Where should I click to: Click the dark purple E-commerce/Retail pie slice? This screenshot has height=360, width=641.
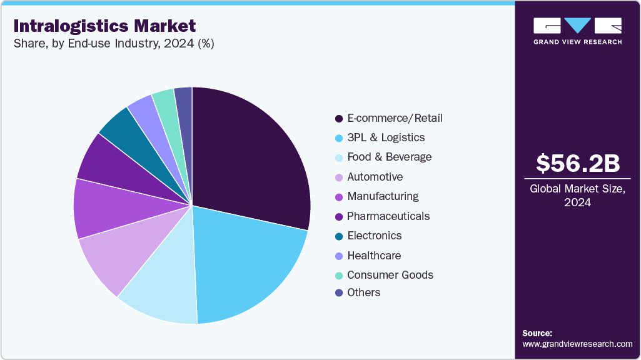pyautogui.click(x=250, y=150)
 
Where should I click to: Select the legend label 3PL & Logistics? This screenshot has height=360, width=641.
pyautogui.click(x=386, y=137)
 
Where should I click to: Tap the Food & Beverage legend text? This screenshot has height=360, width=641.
pyautogui.click(x=389, y=157)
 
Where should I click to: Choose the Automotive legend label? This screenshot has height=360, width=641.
pyautogui.click(x=375, y=177)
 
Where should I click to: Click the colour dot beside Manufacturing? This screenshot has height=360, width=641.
pyautogui.click(x=339, y=197)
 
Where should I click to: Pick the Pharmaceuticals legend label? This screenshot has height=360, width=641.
pyautogui.click(x=388, y=216)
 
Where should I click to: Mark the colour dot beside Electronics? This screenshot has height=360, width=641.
pyautogui.click(x=339, y=236)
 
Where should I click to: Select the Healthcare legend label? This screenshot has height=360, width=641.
pyautogui.click(x=374, y=256)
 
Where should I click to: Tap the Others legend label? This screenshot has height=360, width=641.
pyautogui.click(x=363, y=292)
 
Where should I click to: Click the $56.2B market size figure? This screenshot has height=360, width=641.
pyautogui.click(x=578, y=164)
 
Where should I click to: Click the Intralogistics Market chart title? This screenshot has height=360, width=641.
pyautogui.click(x=104, y=26)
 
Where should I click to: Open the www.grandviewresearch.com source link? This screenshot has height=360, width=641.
pyautogui.click(x=577, y=344)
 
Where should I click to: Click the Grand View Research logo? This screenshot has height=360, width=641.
pyautogui.click(x=577, y=31)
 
